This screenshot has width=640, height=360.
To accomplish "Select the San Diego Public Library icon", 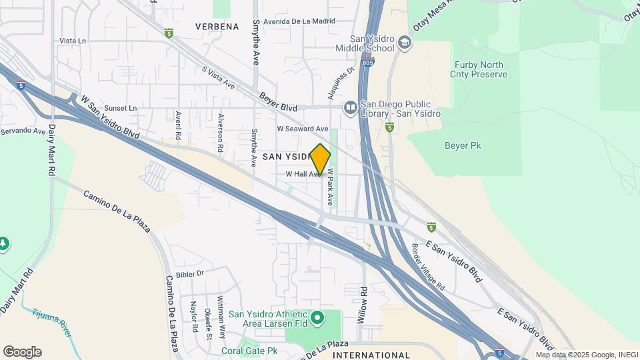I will pos(351,107).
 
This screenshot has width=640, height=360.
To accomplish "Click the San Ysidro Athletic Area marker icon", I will pos(317,318).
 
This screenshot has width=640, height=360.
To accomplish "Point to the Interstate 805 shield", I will pos(369,62).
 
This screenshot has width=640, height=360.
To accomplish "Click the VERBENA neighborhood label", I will pos(217,27).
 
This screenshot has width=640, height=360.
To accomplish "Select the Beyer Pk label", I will pos(463,145).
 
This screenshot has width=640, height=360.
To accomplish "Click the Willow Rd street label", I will pos(363,305).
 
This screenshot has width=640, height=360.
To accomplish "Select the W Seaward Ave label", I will pos(303,129).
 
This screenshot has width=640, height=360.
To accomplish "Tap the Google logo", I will pos(22,352).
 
